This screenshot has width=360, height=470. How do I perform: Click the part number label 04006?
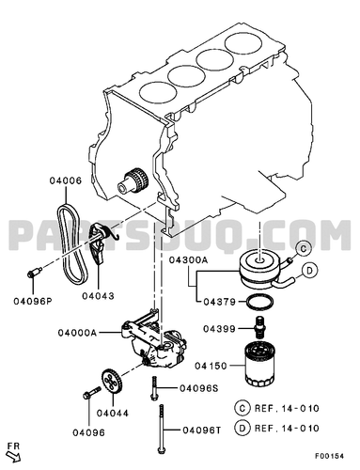click(66, 180)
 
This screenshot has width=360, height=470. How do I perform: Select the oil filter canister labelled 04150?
click(259, 365)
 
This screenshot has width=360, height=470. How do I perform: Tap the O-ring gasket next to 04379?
click(259, 303)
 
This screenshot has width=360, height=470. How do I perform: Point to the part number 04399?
click(219, 329)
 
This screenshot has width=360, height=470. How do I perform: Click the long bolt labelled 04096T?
click(162, 429)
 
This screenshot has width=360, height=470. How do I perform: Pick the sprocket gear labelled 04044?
click(112, 382)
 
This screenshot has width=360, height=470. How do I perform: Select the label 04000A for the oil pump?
click(77, 333)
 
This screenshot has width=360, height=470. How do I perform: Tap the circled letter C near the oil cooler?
click(303, 249)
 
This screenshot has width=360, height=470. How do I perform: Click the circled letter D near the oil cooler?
click(309, 271)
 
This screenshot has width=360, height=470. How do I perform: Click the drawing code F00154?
click(329, 456)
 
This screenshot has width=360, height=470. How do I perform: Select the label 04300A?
click(189, 259)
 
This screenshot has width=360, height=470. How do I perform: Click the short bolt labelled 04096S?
click(153, 388)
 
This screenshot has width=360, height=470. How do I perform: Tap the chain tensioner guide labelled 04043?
click(99, 244)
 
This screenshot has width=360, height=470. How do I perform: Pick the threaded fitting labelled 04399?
click(259, 327)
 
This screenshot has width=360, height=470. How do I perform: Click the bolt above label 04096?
click(92, 393)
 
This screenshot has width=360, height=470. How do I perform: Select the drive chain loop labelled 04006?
click(72, 243)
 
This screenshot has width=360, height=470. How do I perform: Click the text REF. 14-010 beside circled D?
click(287, 429)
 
